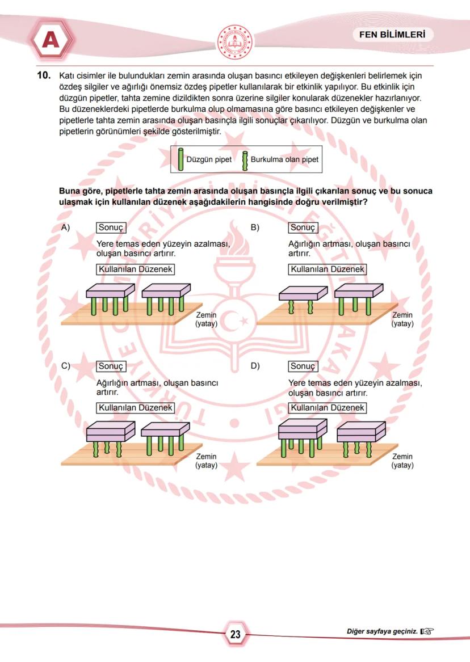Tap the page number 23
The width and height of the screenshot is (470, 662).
point(235,634)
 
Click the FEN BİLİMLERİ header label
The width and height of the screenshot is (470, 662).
point(392,35)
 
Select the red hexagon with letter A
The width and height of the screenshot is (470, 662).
point(51,40)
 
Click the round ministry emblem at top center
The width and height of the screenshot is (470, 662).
point(235,42)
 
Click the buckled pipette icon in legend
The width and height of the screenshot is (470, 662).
point(245,160)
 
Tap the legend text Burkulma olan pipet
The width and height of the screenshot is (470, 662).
point(284,159)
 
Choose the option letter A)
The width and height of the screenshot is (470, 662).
point(65,227)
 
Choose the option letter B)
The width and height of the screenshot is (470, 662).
point(255,227)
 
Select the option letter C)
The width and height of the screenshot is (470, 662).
point(65,366)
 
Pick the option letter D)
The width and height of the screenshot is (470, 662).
point(255,366)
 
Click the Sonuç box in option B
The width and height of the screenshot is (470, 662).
point(303,227)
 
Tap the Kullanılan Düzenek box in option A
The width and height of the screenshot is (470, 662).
point(135,269)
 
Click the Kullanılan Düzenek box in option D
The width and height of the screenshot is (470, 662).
point(327,408)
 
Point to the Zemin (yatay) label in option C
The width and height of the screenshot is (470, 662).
point(206,461)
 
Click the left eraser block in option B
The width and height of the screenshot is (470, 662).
point(303,293)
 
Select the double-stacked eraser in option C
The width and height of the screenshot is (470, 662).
point(110,433)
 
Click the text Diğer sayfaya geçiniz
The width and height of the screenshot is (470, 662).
point(382,631)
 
